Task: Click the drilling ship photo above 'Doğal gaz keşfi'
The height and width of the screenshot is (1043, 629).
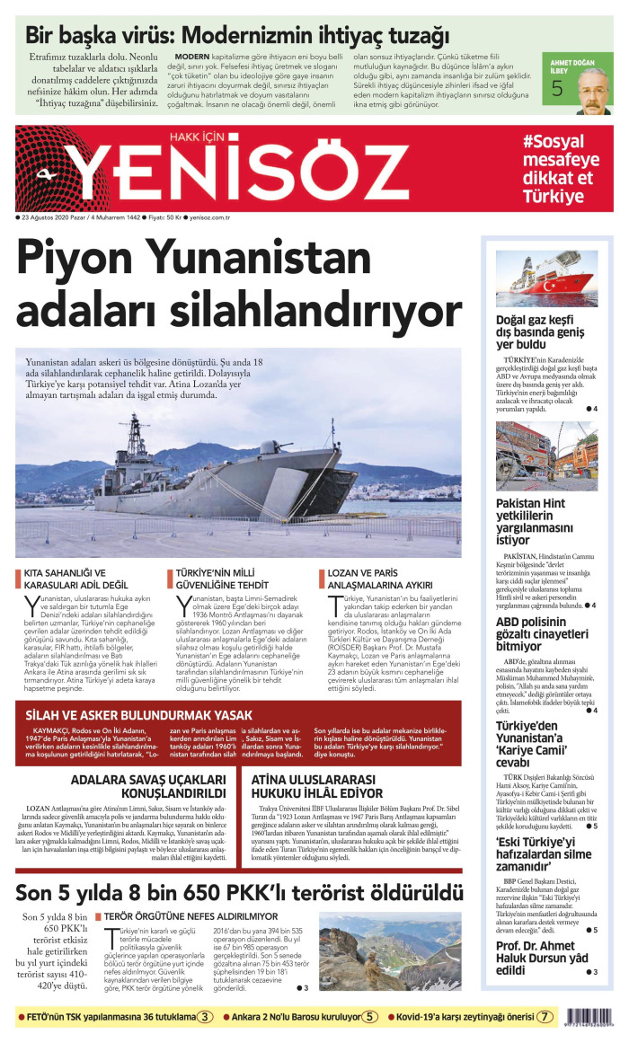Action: pyautogui.click(x=546, y=278)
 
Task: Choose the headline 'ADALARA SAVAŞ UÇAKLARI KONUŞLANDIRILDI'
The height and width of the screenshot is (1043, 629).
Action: pyautogui.click(x=148, y=787)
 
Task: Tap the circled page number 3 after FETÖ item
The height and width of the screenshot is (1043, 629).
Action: pyautogui.click(x=206, y=1017)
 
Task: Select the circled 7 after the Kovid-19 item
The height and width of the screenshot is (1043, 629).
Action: pyautogui.click(x=545, y=1017)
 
